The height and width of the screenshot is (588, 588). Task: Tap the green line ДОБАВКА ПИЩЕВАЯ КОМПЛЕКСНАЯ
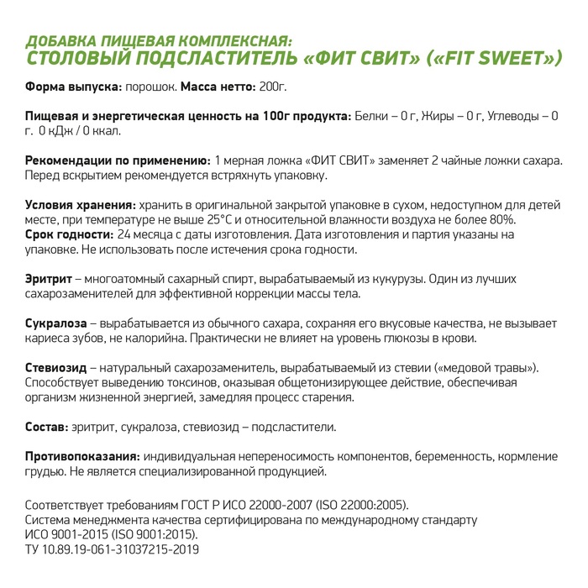[159, 41]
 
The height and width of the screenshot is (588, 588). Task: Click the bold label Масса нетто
[219, 87]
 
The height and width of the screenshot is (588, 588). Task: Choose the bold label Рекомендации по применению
[117, 160]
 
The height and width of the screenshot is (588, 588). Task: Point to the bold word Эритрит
[48, 279]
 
